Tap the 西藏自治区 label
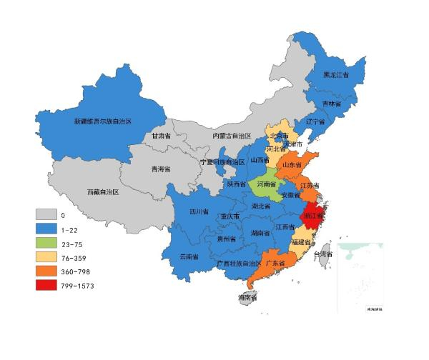pos(103,192)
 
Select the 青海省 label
pos(160,169)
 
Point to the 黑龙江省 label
pos(335,75)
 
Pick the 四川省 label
pos(199,212)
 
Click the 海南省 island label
pos(247,296)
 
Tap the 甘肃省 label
pos(161,135)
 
